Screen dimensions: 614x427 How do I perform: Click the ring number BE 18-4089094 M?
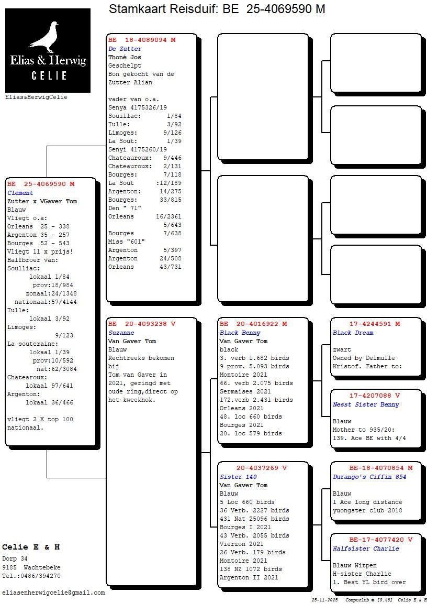[142, 40]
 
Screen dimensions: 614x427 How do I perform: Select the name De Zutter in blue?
[125, 49]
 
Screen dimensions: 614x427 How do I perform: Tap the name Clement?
[20, 193]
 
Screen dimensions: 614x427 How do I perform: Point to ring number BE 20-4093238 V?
[142, 324]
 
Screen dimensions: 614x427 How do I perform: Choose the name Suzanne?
[121, 333]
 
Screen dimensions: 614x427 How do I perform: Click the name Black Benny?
[240, 333]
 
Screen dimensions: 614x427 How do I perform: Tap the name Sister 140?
[238, 477]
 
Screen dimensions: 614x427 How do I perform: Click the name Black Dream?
[353, 333]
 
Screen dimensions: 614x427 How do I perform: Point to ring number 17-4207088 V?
[375, 396]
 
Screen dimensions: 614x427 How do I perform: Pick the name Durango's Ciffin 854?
[369, 477]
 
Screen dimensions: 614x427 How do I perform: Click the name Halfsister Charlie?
[366, 549]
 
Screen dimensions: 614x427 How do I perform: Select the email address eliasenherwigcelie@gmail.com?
[53, 593]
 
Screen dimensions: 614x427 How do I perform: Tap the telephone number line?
[31, 576]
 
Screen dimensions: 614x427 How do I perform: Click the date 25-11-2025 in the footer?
[324, 600]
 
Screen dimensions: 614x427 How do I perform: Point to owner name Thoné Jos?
[125, 57]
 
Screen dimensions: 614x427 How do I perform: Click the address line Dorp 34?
[15, 559]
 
